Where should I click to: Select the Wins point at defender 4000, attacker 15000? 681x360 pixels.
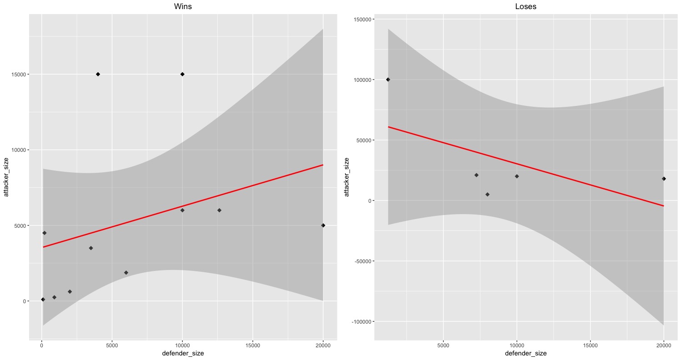point(98,74)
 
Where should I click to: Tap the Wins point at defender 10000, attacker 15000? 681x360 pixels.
point(182,74)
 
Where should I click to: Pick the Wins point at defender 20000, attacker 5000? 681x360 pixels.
point(323,225)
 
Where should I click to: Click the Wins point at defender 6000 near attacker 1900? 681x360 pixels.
point(126,273)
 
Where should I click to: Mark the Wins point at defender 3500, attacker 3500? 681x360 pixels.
point(91,248)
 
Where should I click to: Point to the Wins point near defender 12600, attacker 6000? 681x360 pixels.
point(219,210)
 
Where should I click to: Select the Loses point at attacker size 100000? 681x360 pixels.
point(388,80)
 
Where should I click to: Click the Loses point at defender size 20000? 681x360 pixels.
point(664,179)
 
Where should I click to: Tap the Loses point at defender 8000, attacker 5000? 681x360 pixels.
point(487,195)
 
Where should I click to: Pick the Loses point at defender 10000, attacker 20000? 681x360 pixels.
point(516,176)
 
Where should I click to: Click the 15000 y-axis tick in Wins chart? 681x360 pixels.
point(19,75)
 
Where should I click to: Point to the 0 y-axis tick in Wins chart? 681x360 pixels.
point(23,301)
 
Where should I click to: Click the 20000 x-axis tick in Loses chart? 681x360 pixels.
point(664,345)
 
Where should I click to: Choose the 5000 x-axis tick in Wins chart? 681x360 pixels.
point(112,345)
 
